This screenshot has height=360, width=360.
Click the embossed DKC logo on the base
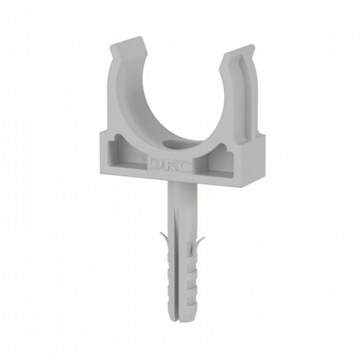171,164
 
